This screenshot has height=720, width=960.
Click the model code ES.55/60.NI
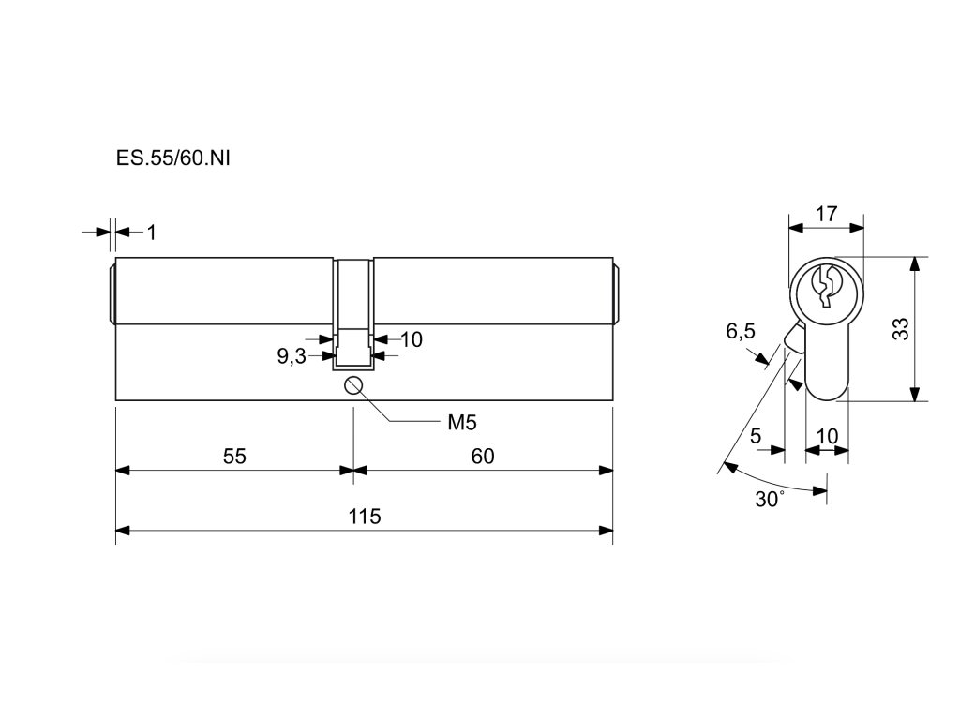[x=172, y=158]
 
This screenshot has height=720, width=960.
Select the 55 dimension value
[x=234, y=457]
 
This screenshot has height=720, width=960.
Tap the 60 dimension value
[x=482, y=457]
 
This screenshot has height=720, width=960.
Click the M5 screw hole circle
[x=353, y=385]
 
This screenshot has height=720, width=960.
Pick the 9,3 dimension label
[x=292, y=355]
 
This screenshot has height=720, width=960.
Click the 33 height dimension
[x=900, y=329]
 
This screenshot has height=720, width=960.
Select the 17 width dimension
[x=825, y=213]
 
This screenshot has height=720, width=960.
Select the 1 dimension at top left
[x=150, y=231]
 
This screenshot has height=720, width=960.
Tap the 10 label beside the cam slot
[x=412, y=339]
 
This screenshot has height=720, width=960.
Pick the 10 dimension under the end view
[x=827, y=436]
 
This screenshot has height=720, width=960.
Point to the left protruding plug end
[x=111, y=292]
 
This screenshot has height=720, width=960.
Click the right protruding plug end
[x=617, y=292]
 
